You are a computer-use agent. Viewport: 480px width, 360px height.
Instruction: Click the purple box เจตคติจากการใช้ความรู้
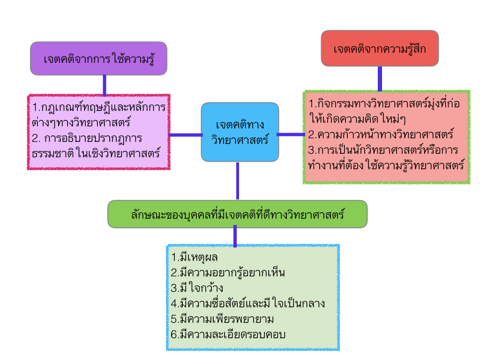(x=98, y=59)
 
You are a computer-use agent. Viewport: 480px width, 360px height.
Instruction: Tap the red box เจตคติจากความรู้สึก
(x=380, y=48)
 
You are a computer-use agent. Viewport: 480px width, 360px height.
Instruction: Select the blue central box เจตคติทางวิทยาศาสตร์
(x=240, y=132)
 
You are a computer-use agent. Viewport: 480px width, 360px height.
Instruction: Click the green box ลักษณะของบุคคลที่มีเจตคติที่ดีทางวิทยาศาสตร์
(x=237, y=214)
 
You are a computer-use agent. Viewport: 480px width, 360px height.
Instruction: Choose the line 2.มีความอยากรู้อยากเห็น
(x=228, y=272)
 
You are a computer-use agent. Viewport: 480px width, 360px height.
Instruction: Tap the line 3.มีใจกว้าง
(x=197, y=288)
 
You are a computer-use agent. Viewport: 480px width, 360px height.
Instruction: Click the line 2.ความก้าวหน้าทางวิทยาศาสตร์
(x=381, y=135)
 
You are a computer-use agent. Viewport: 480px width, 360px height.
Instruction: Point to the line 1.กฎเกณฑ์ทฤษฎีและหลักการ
(x=99, y=108)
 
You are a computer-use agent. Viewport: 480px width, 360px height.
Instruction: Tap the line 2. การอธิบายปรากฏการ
(x=88, y=139)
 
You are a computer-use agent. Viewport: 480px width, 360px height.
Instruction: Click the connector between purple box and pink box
(x=105, y=85)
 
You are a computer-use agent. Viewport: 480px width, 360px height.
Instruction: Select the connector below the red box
(x=380, y=78)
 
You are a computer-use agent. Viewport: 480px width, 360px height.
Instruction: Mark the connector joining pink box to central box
(x=185, y=135)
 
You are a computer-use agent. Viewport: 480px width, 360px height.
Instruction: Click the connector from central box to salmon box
(x=291, y=135)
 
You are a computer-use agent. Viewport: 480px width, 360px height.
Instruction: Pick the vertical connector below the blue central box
(x=238, y=181)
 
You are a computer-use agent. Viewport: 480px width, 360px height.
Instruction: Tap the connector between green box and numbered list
(x=235, y=236)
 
